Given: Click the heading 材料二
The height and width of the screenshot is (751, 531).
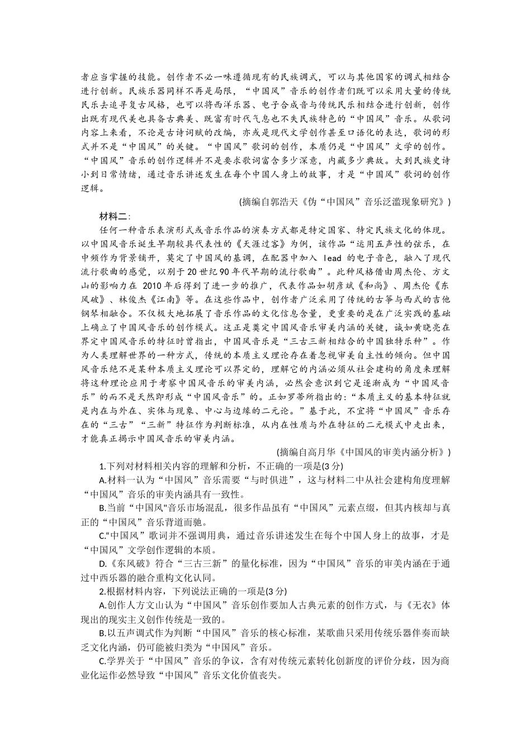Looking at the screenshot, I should click(x=114, y=216).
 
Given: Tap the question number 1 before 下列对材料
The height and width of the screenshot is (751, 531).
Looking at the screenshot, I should click(x=101, y=466).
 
